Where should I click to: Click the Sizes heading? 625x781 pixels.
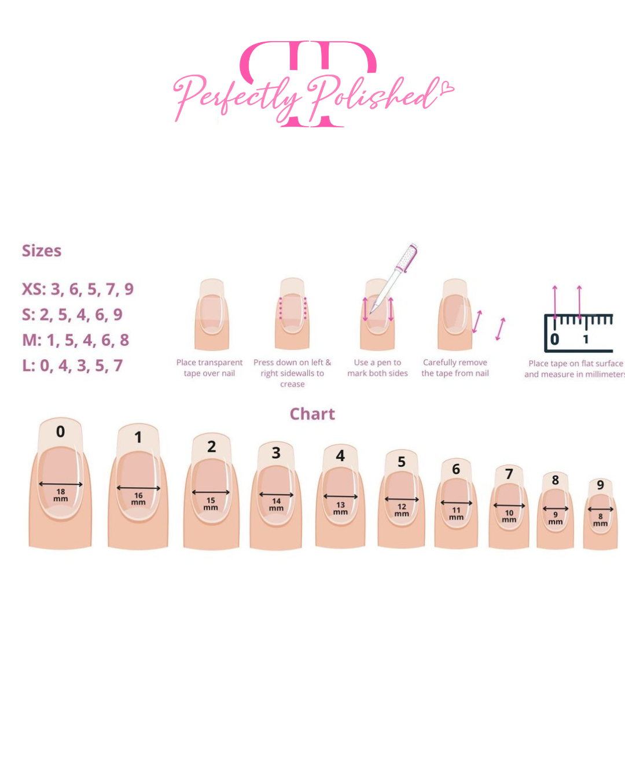pos(42,251)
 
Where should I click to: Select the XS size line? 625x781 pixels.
pos(78,289)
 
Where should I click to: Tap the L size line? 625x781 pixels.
pos(72,366)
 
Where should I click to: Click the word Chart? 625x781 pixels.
pos(312,414)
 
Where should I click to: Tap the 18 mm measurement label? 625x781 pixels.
pos(61,495)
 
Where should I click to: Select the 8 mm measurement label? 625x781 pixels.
pos(600,520)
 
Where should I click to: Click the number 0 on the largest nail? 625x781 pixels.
pos(60,432)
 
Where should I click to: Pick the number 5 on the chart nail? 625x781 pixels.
pos(402,462)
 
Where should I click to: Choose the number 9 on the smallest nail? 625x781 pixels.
pos(600,485)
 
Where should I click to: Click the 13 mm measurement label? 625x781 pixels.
pos(340,508)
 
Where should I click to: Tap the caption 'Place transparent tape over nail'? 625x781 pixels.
pos(209,368)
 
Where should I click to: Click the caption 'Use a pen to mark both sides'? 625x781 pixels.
pos(377,368)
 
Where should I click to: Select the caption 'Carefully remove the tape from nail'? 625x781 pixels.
pos(455,368)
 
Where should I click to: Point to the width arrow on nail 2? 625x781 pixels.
pos(211,492)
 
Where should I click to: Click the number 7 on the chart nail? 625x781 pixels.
pos(509,474)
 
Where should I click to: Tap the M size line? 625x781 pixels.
pos(75,340)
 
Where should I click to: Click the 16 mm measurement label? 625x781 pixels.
pos(138,499)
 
